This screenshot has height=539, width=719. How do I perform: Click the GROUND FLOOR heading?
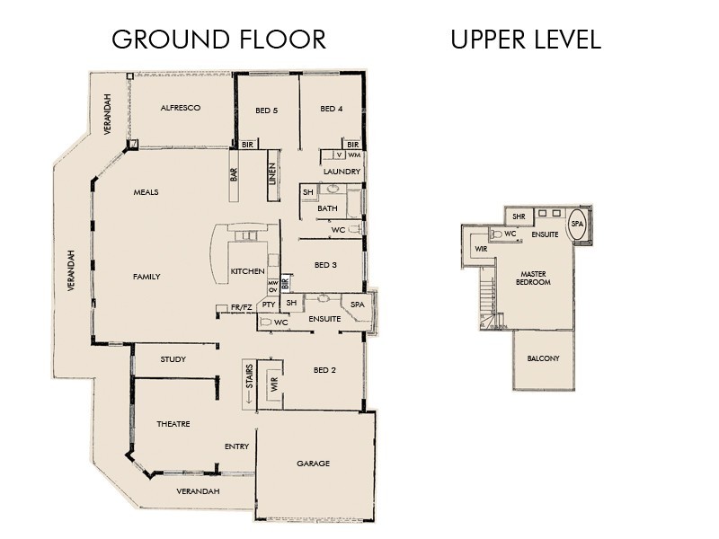tap(217, 40)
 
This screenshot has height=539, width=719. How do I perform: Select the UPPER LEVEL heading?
tap(525, 40)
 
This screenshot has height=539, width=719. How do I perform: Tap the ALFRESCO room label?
tap(180, 108)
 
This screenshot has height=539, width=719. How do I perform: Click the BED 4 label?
tap(332, 110)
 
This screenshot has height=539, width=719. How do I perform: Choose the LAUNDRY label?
tap(342, 172)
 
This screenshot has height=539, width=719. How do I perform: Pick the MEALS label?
tap(146, 192)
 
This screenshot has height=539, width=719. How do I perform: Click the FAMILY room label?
tap(146, 277)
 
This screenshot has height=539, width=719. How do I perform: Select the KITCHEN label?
tap(246, 271)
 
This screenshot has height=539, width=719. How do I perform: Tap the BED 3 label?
tap(325, 265)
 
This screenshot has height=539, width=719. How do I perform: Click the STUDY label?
tap(173, 360)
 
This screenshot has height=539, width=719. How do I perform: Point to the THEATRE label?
tap(173, 424)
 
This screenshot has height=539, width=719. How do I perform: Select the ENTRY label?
tap(236, 446)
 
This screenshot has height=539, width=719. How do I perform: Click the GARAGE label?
tap(313, 464)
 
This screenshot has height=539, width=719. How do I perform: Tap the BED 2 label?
tap(324, 370)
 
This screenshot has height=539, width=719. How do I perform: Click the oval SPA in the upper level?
tap(577, 225)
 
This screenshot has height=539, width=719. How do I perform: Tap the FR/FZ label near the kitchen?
tap(241, 308)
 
